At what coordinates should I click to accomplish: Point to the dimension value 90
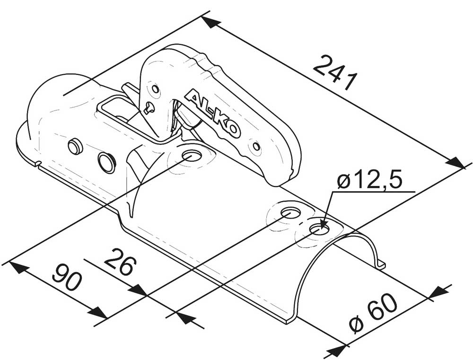pos(67,277)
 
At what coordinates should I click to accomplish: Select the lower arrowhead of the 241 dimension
pos(456,163)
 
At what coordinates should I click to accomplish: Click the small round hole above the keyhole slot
pos(155,89)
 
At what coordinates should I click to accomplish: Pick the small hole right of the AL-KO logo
pos(257,147)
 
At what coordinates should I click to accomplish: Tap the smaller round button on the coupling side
pos(74,146)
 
